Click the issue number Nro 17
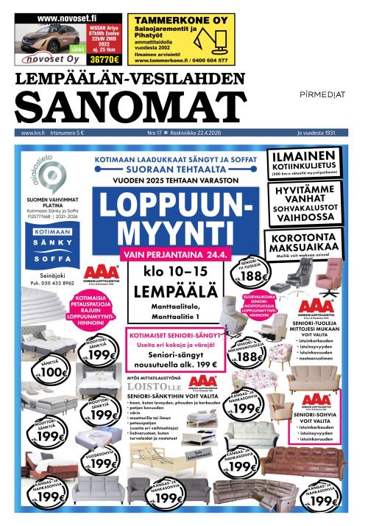[155, 133]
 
